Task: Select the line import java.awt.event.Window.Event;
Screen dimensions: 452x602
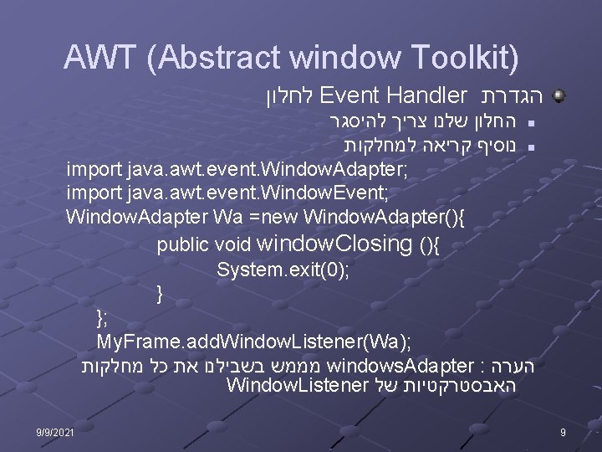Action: click(227, 193)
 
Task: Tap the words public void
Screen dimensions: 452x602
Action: click(204, 246)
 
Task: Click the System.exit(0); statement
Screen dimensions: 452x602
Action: click(283, 270)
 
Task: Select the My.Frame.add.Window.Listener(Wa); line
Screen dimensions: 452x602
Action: click(254, 342)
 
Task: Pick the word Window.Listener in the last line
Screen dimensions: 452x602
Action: click(297, 386)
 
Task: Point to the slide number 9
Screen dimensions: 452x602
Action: click(564, 432)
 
